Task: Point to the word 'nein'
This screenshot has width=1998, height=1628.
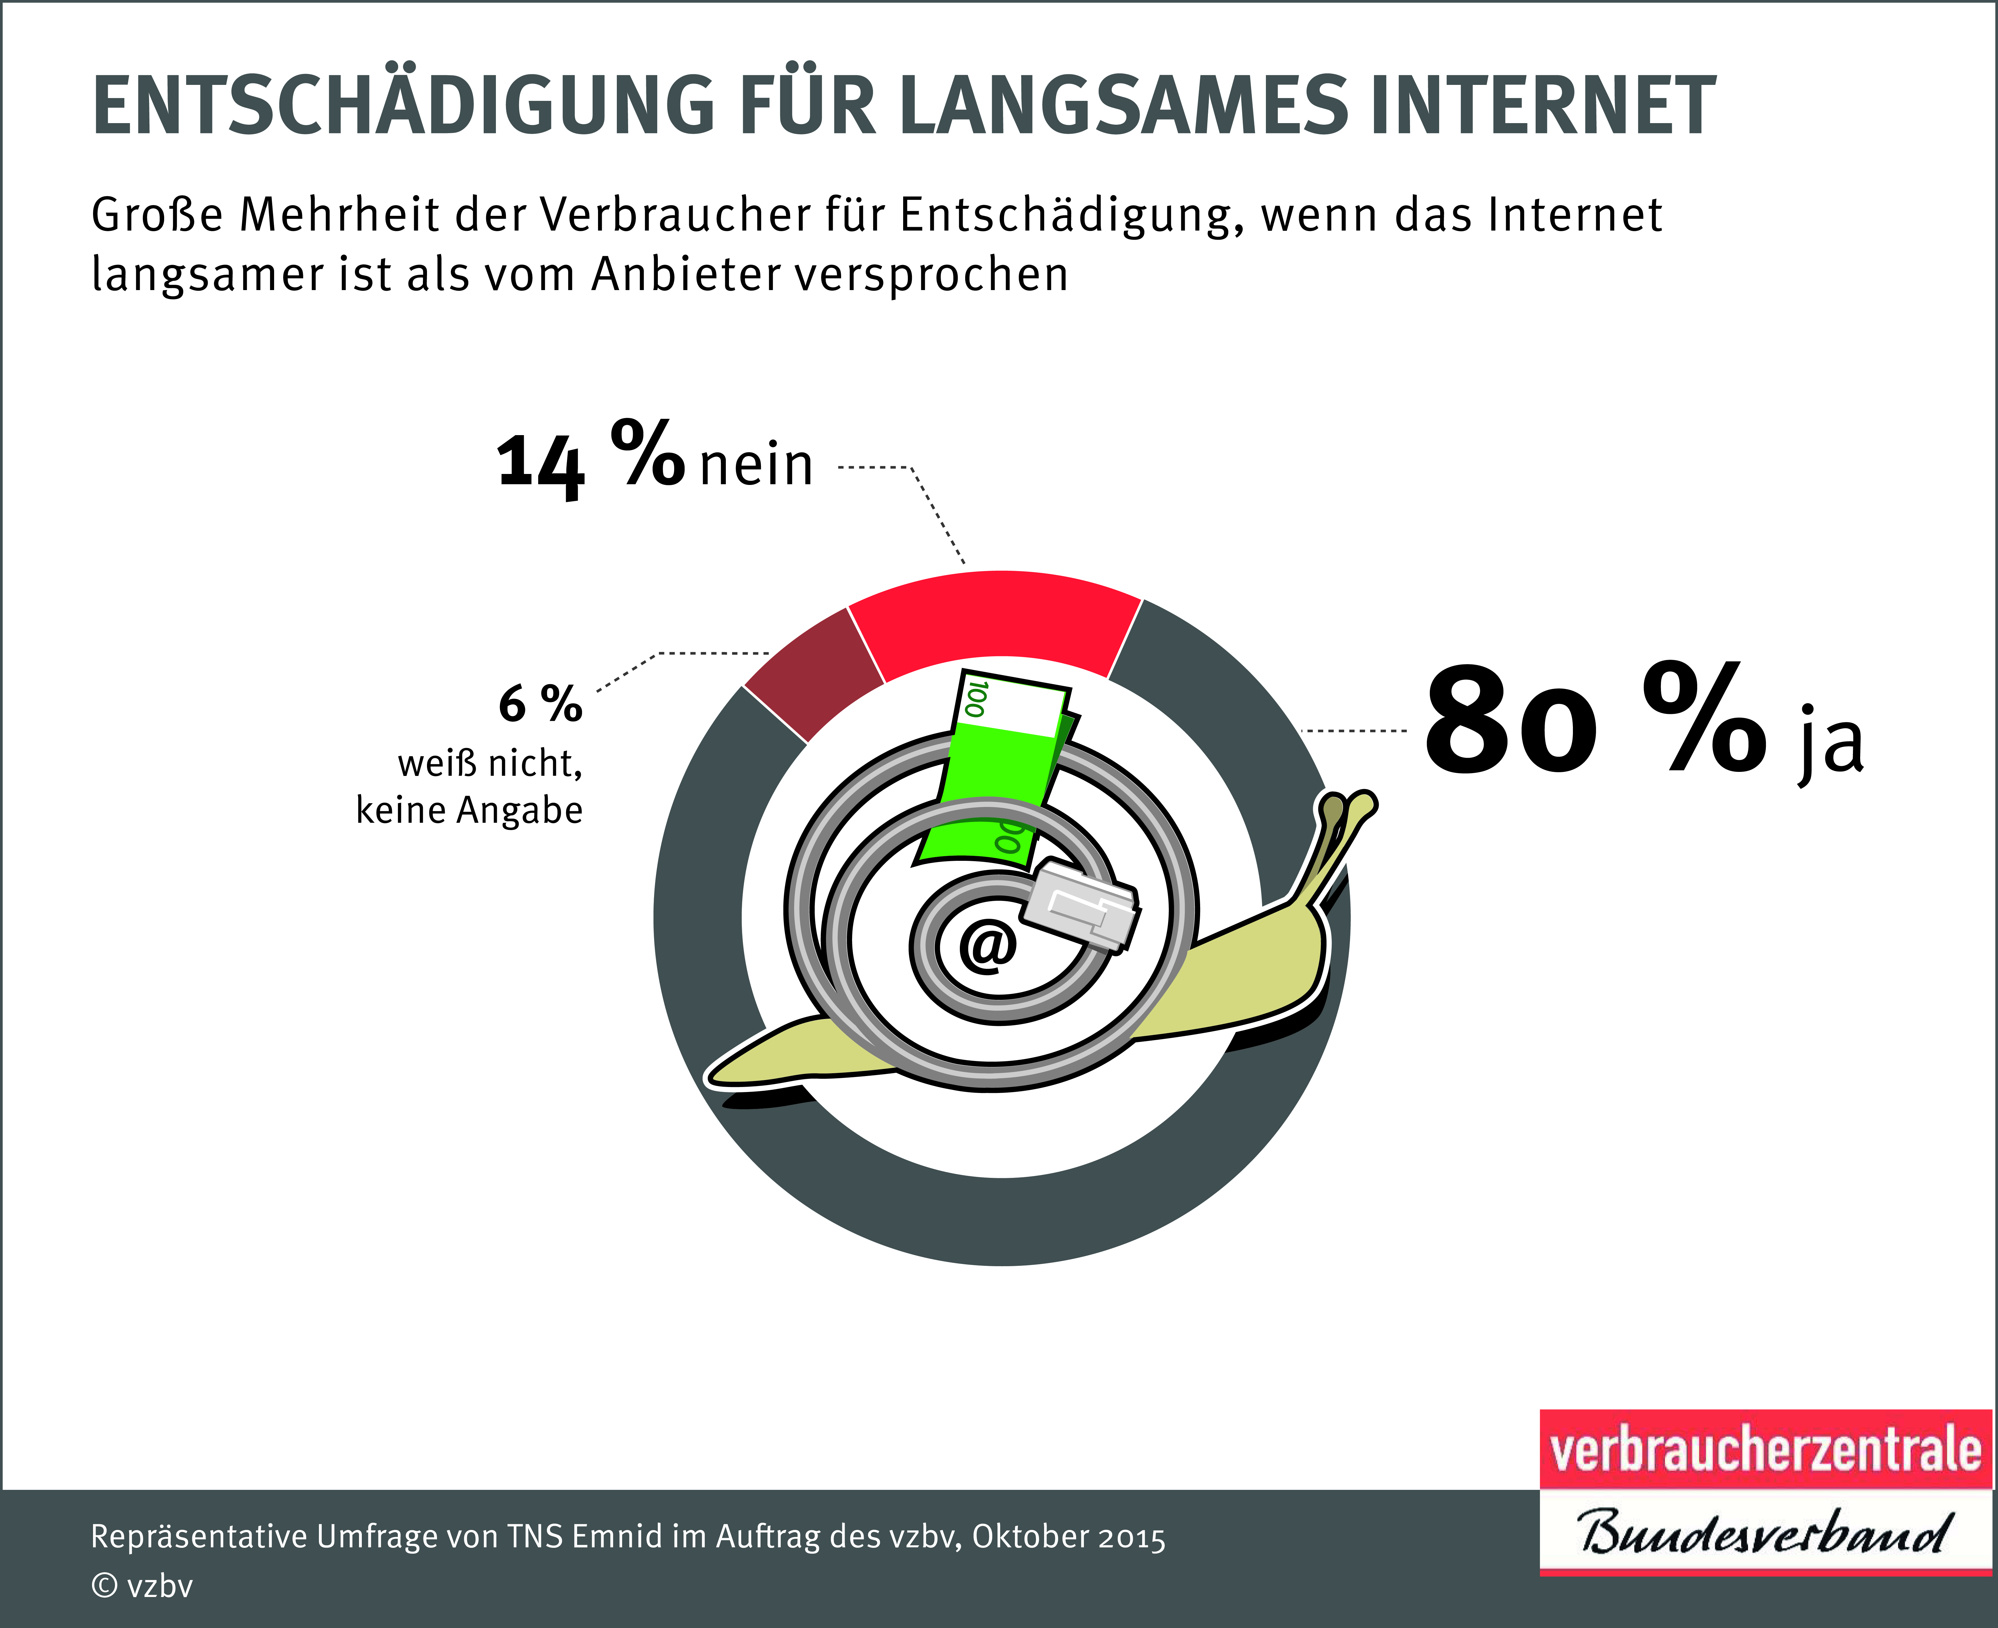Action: click(x=756, y=464)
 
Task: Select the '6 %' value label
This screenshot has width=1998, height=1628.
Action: click(x=540, y=703)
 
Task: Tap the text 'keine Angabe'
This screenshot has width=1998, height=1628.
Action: click(x=469, y=809)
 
